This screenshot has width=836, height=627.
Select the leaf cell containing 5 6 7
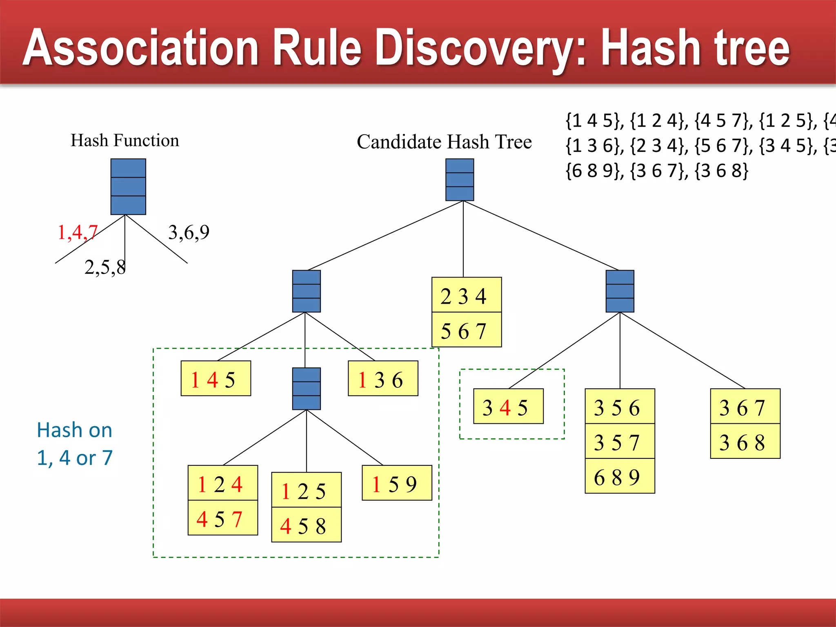click(466, 330)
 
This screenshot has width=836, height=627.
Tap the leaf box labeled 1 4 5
click(216, 379)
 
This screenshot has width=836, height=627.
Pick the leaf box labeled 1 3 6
click(382, 379)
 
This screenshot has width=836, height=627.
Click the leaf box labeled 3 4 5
click(508, 407)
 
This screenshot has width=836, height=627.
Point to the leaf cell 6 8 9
click(619, 476)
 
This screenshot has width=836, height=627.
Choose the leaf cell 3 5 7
click(619, 442)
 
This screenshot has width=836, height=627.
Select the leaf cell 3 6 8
click(745, 442)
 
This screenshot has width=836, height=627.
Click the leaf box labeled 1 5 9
click(396, 483)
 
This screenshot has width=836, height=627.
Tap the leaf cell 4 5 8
click(306, 525)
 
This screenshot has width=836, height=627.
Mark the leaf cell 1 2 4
click(222, 483)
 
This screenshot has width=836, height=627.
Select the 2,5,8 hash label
click(105, 268)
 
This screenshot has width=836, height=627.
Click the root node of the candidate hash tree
click(460, 180)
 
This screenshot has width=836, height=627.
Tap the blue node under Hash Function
click(128, 187)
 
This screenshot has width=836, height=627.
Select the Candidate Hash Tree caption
click(444, 142)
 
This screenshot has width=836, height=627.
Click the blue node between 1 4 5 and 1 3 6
click(306, 389)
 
